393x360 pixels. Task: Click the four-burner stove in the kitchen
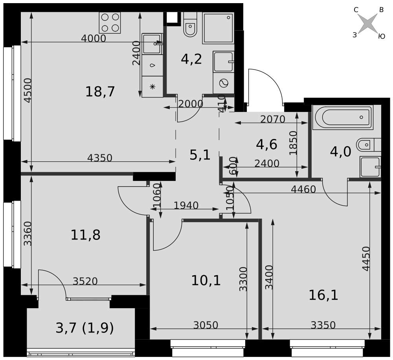pos(110,22)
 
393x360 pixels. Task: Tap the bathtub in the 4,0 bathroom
pos(343,117)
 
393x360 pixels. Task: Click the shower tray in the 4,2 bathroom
pos(218,28)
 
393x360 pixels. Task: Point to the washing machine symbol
pos(224,83)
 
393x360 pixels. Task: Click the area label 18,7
pos(100,91)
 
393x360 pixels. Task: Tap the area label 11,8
pos(85,235)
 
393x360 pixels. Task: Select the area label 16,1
pos(323,295)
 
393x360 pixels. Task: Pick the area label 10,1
pos(206,280)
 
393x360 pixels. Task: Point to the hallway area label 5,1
pos(200,155)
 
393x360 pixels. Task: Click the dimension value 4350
pos(100,158)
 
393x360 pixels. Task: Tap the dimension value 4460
pos(303,189)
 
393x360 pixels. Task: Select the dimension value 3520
pos(85,281)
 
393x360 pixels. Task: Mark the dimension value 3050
pos(206,325)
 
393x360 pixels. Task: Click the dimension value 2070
pos(273,119)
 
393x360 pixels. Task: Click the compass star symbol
pos(368,23)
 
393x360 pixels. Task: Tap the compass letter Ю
pos(382,37)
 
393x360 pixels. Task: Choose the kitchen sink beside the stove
pos(152,44)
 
